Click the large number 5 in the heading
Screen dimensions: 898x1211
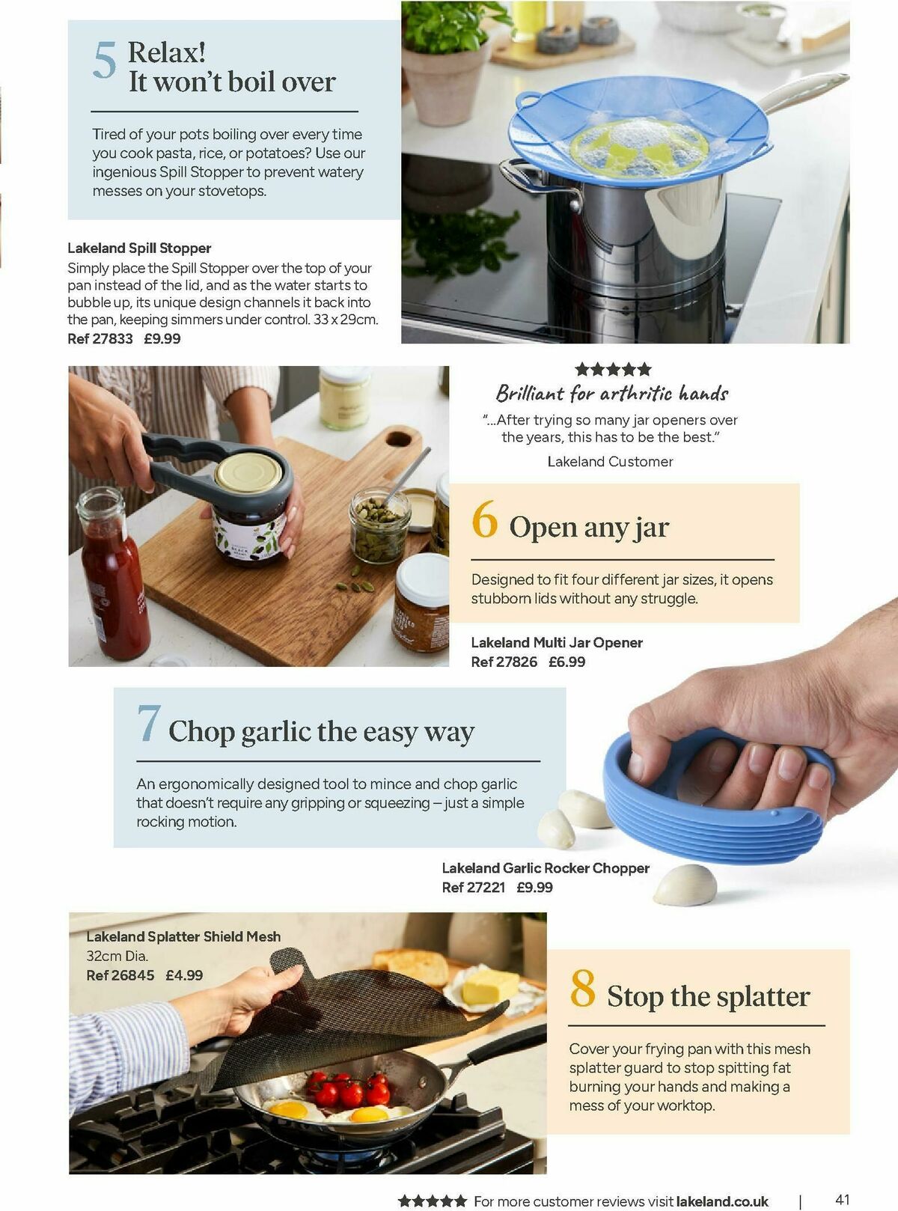(105, 60)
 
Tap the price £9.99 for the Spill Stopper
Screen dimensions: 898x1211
(162, 338)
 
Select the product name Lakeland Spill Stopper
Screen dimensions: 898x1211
(139, 248)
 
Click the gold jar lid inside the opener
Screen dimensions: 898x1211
(249, 472)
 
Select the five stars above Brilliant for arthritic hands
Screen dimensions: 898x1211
(613, 369)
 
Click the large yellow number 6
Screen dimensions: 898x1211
(484, 519)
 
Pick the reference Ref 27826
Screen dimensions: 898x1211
(504, 662)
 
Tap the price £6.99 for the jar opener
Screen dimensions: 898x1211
(566, 662)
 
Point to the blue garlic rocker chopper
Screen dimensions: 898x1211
(715, 798)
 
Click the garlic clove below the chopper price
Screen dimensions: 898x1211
(685, 885)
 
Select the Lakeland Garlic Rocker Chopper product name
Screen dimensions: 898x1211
(546, 868)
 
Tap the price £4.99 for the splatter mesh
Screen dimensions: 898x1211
(184, 975)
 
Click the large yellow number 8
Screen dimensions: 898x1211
(582, 988)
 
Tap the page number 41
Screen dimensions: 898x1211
(843, 1199)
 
